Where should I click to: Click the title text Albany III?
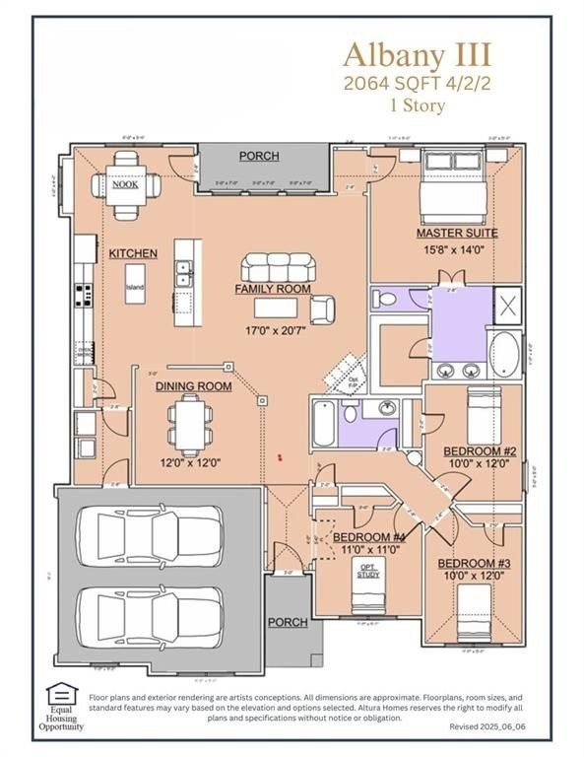418,52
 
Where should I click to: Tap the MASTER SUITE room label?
456,234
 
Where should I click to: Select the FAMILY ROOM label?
272,289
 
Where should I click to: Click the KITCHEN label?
133,253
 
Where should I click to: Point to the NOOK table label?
124,184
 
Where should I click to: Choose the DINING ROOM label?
193,386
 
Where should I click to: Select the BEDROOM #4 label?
369,537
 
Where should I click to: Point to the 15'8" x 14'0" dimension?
456,250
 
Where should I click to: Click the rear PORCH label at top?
259,156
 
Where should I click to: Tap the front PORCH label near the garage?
288,622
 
